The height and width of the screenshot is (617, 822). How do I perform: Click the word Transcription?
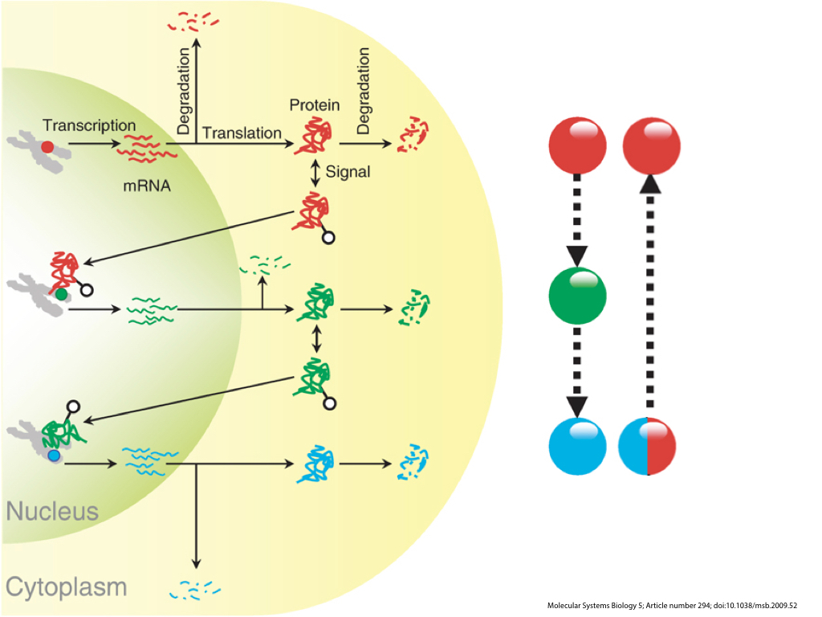click(89, 125)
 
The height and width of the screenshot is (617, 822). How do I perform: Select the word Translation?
click(242, 133)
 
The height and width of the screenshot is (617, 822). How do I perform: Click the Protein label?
click(315, 105)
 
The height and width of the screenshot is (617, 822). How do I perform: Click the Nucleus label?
click(52, 511)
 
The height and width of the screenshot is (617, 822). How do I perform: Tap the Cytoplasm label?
click(66, 586)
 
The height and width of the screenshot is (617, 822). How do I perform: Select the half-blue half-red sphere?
click(648, 446)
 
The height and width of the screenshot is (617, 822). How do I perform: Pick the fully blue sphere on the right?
click(577, 446)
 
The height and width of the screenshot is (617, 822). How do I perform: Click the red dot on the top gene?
click(47, 147)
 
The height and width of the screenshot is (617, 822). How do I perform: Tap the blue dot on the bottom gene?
click(54, 456)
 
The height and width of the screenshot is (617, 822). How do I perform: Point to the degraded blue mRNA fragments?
click(193, 590)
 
